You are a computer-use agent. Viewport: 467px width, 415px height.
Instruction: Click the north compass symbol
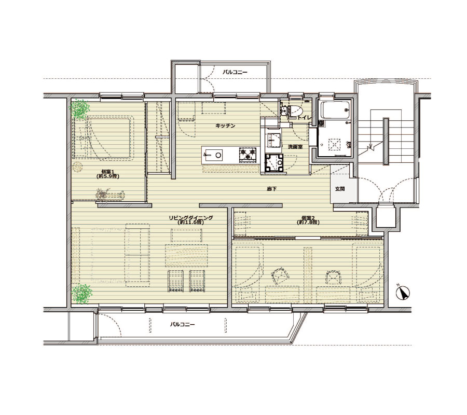click(x=403, y=293)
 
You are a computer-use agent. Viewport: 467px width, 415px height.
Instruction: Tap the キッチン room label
click(x=226, y=126)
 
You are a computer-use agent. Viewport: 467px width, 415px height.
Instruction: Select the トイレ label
click(x=305, y=118)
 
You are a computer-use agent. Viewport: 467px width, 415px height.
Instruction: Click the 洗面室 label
click(x=295, y=147)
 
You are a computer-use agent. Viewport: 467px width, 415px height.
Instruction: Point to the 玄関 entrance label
click(x=340, y=189)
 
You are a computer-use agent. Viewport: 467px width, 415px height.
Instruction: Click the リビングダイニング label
click(x=191, y=218)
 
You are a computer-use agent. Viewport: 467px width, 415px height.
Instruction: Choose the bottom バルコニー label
click(x=182, y=324)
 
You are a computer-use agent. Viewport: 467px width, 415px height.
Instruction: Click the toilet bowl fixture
click(x=295, y=110)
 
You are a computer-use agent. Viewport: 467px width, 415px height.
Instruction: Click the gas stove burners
click(x=248, y=155)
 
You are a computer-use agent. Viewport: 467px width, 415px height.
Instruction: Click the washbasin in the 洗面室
click(x=273, y=139)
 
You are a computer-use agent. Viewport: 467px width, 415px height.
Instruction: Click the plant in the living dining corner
click(x=81, y=294)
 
